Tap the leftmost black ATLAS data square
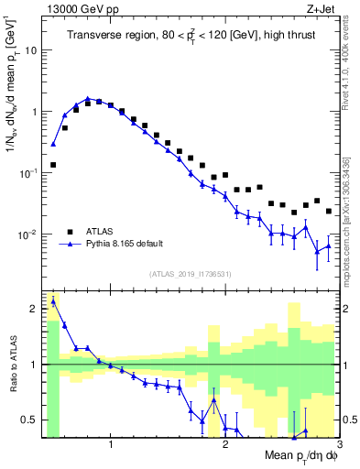tap(53, 165)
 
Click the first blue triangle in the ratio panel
tap(53, 300)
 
